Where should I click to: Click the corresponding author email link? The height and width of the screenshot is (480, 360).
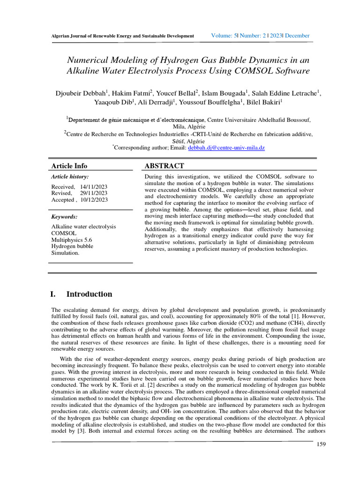pos(226,148)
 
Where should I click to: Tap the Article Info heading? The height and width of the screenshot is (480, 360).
pos(69,166)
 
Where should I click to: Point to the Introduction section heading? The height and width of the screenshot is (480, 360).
pos(89,294)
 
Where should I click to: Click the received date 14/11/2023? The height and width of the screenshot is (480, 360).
pos(94,187)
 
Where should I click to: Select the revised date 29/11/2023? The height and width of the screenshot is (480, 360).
pos(94,193)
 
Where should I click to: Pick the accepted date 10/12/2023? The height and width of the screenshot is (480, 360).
pos(94,200)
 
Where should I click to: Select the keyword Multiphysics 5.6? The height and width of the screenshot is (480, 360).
pos(72,240)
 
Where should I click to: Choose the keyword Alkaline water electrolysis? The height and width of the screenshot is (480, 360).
pos(83,226)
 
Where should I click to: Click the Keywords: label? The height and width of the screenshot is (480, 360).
pos(64,217)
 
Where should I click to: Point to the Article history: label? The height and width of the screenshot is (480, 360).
pos(69,177)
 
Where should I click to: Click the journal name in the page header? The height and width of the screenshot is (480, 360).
pos(122,36)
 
